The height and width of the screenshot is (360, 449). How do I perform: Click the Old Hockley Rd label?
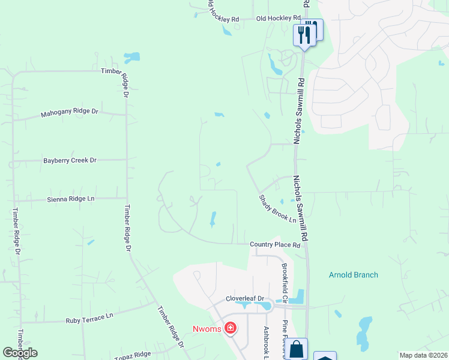point(278,19)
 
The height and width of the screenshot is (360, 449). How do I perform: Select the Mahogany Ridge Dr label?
point(69,113)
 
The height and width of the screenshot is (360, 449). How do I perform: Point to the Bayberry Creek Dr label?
point(70,161)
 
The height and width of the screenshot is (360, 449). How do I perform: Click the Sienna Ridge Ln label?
point(71,199)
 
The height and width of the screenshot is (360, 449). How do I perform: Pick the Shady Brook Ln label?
point(278,209)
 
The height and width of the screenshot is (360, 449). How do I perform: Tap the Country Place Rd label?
point(275,245)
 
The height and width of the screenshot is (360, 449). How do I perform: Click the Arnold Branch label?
point(354,275)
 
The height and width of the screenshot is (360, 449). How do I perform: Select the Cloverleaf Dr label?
point(245,298)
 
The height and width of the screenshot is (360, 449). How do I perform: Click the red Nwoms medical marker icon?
point(230,328)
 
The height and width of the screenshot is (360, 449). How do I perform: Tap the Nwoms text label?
point(207,328)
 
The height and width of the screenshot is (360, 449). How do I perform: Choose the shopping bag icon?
point(297,349)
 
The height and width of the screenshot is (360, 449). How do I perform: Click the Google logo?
point(20,353)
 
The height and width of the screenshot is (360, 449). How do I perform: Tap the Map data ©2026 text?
point(423,355)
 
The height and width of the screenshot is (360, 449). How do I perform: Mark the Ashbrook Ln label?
point(266,343)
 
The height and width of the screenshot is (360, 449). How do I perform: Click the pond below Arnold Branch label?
point(364,332)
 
